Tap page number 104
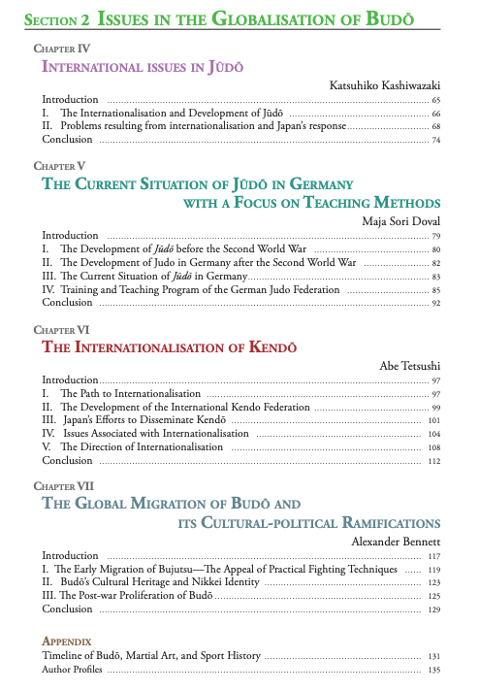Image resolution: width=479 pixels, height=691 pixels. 434,434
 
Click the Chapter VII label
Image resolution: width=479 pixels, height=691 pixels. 64,485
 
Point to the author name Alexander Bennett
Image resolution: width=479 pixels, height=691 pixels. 395,541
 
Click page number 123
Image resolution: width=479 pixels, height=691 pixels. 434,582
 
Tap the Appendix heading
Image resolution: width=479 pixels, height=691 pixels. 67,642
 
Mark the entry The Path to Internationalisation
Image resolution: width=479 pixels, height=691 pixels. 133,394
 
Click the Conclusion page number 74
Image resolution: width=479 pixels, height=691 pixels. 436,140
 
